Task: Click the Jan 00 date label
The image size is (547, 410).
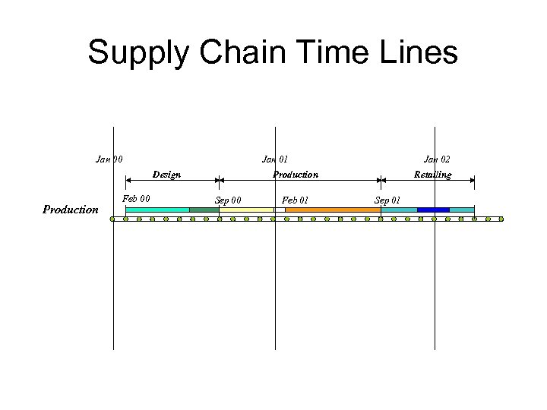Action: (x=109, y=159)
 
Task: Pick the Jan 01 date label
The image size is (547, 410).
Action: (x=275, y=159)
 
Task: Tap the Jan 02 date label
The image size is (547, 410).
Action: (x=437, y=159)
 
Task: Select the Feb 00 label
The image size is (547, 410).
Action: (x=136, y=199)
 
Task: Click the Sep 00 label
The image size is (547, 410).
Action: (x=228, y=200)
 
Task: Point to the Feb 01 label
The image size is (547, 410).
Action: (x=295, y=200)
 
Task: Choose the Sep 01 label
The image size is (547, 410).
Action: (x=387, y=200)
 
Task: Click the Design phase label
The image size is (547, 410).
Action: (x=166, y=175)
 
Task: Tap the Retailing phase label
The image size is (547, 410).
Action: (x=432, y=175)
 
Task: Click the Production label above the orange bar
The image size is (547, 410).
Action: (x=296, y=175)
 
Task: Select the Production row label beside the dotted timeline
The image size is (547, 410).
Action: (x=71, y=210)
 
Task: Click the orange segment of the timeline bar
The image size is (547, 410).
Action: (x=332, y=210)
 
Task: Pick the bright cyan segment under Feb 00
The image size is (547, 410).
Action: (x=157, y=210)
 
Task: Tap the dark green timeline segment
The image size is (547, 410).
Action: (x=204, y=210)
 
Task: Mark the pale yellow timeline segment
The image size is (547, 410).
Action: (x=246, y=210)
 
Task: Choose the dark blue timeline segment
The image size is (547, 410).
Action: (x=433, y=210)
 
